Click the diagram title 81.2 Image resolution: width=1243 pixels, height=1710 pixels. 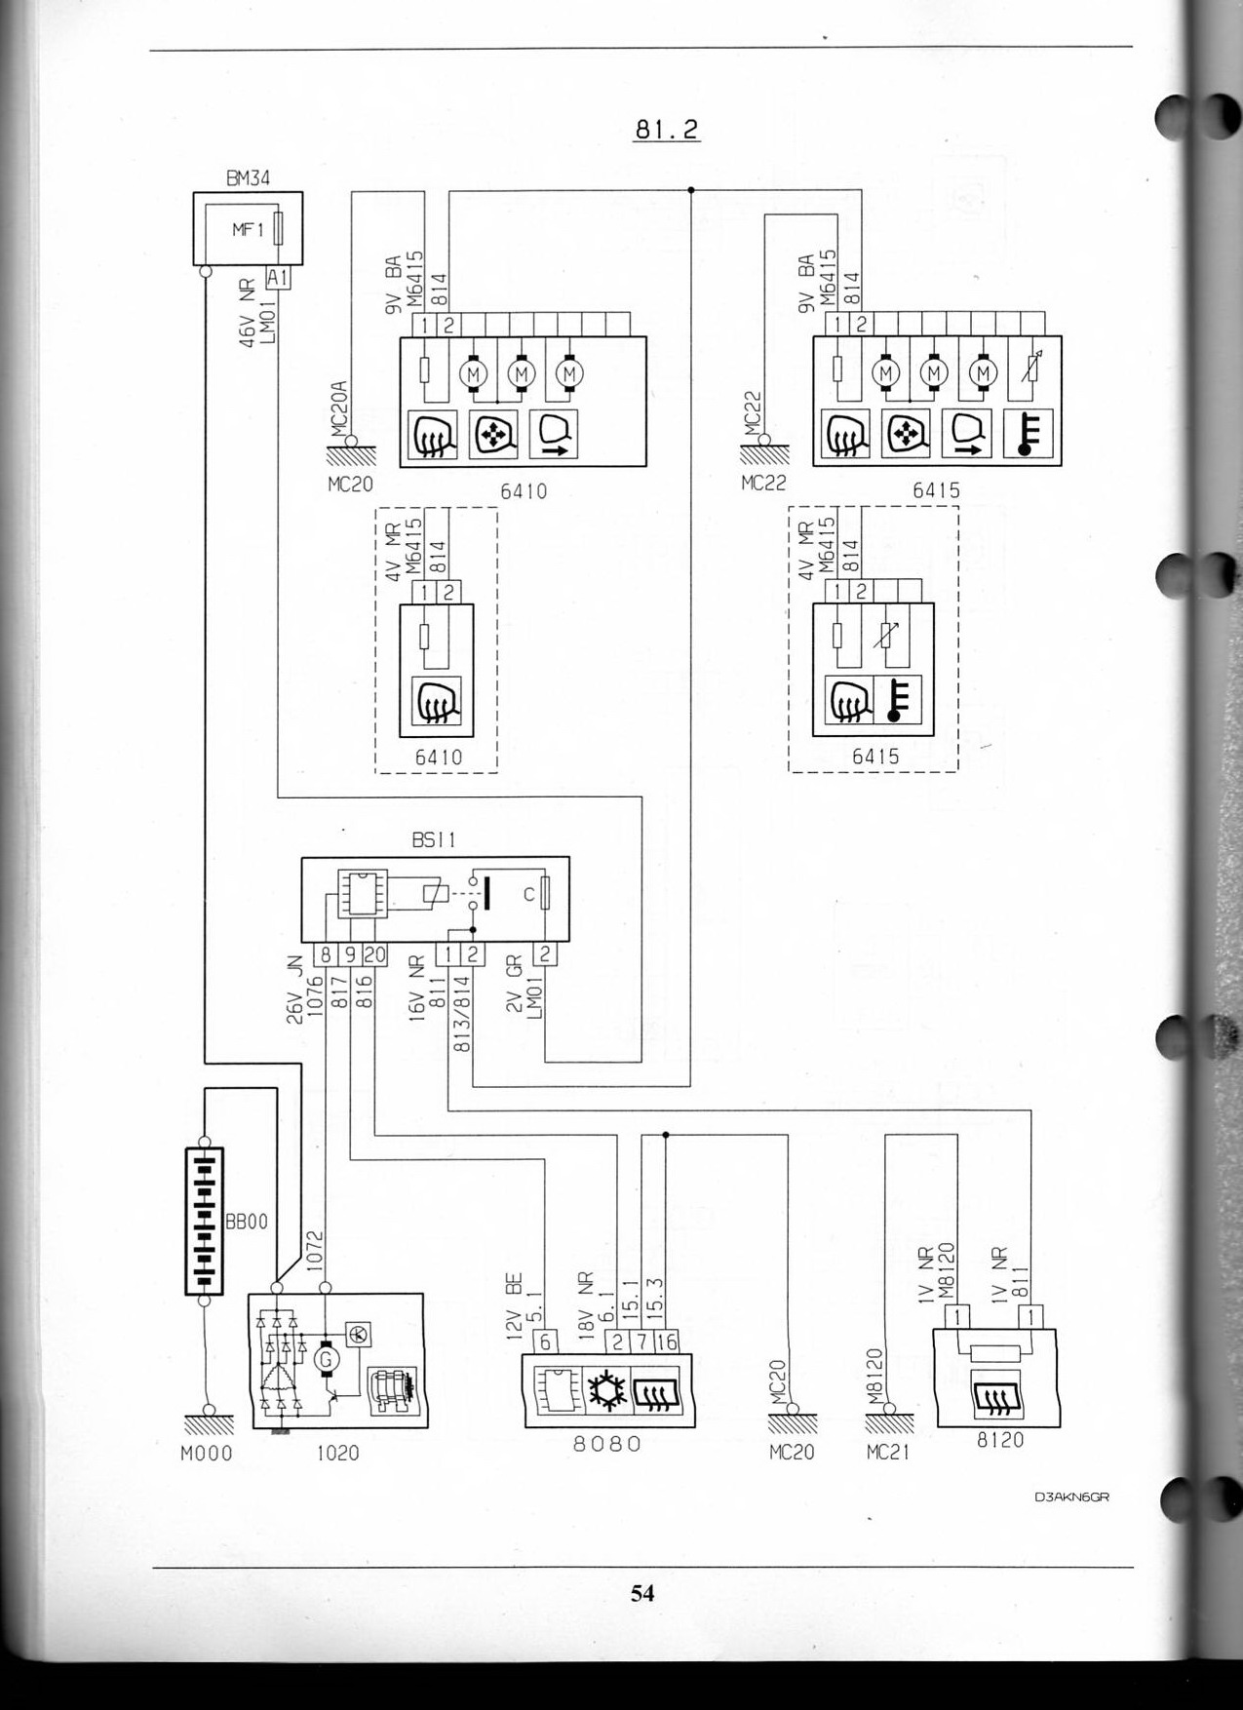667,129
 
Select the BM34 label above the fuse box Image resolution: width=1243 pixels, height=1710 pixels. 248,178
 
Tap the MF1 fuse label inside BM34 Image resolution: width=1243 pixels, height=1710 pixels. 248,230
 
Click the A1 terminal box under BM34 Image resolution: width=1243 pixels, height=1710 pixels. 278,278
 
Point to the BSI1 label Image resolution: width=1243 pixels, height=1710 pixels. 434,839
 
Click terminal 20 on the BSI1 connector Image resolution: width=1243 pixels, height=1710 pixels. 374,955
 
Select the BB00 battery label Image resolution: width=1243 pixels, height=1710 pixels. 246,1222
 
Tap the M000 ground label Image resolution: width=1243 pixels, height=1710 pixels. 207,1454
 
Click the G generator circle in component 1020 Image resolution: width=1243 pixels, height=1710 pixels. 327,1358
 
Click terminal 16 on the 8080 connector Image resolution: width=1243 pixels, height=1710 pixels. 667,1342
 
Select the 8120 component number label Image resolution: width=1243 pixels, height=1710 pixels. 1000,1440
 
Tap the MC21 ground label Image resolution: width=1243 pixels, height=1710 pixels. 887,1453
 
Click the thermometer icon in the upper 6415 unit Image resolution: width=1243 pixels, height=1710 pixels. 1027,434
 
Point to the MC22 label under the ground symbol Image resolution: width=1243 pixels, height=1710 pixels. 763,483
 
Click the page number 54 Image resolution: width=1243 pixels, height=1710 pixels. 642,1592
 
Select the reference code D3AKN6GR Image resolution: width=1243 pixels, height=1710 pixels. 1072,1496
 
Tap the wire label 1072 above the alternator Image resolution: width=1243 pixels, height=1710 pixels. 315,1249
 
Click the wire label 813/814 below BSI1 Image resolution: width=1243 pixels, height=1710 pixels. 463,1014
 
